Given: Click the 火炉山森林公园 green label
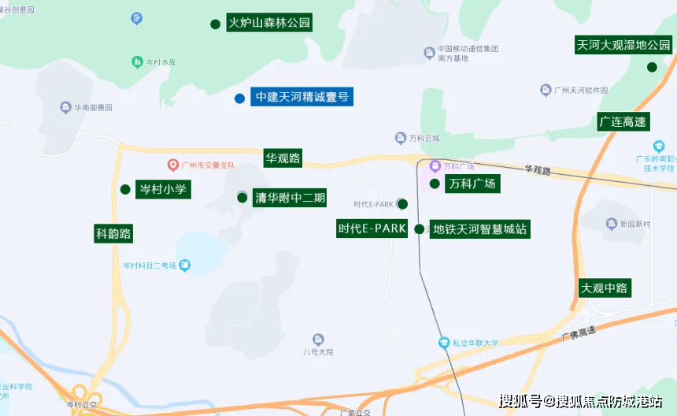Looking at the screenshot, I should pyautogui.click(x=268, y=23).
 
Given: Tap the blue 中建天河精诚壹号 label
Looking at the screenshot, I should pyautogui.click(x=301, y=98).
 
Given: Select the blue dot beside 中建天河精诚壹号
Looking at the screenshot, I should pyautogui.click(x=239, y=98).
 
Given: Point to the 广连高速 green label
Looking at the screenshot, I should pyautogui.click(x=622, y=122).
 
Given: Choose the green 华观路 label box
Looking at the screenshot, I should pyautogui.click(x=283, y=158).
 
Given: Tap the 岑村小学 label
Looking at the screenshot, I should pyautogui.click(x=163, y=189).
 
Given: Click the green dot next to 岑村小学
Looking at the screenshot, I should pyautogui.click(x=124, y=189).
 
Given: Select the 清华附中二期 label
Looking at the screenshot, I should pyautogui.click(x=290, y=198).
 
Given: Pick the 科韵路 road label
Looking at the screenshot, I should pyautogui.click(x=113, y=233).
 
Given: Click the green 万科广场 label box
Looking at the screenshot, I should pyautogui.click(x=472, y=184).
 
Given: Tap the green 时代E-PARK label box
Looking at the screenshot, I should pyautogui.click(x=372, y=229).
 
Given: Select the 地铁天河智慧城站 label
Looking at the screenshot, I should pyautogui.click(x=479, y=230).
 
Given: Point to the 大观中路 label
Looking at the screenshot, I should pyautogui.click(x=604, y=288).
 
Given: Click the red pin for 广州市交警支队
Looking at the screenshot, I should pyautogui.click(x=173, y=165).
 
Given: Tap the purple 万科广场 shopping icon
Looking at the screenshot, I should pyautogui.click(x=435, y=166).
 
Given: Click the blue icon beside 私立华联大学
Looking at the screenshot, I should pyautogui.click(x=444, y=343).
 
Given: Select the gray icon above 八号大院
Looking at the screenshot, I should pyautogui.click(x=318, y=339).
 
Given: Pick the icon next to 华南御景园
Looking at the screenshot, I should pyautogui.click(x=65, y=107).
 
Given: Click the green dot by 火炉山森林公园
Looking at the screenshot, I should pyautogui.click(x=215, y=24).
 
